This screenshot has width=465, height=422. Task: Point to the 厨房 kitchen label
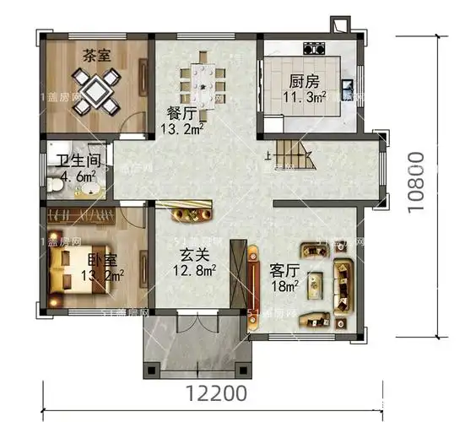304,83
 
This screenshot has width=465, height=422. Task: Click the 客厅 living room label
285,271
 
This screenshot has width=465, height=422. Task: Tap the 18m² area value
285,287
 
